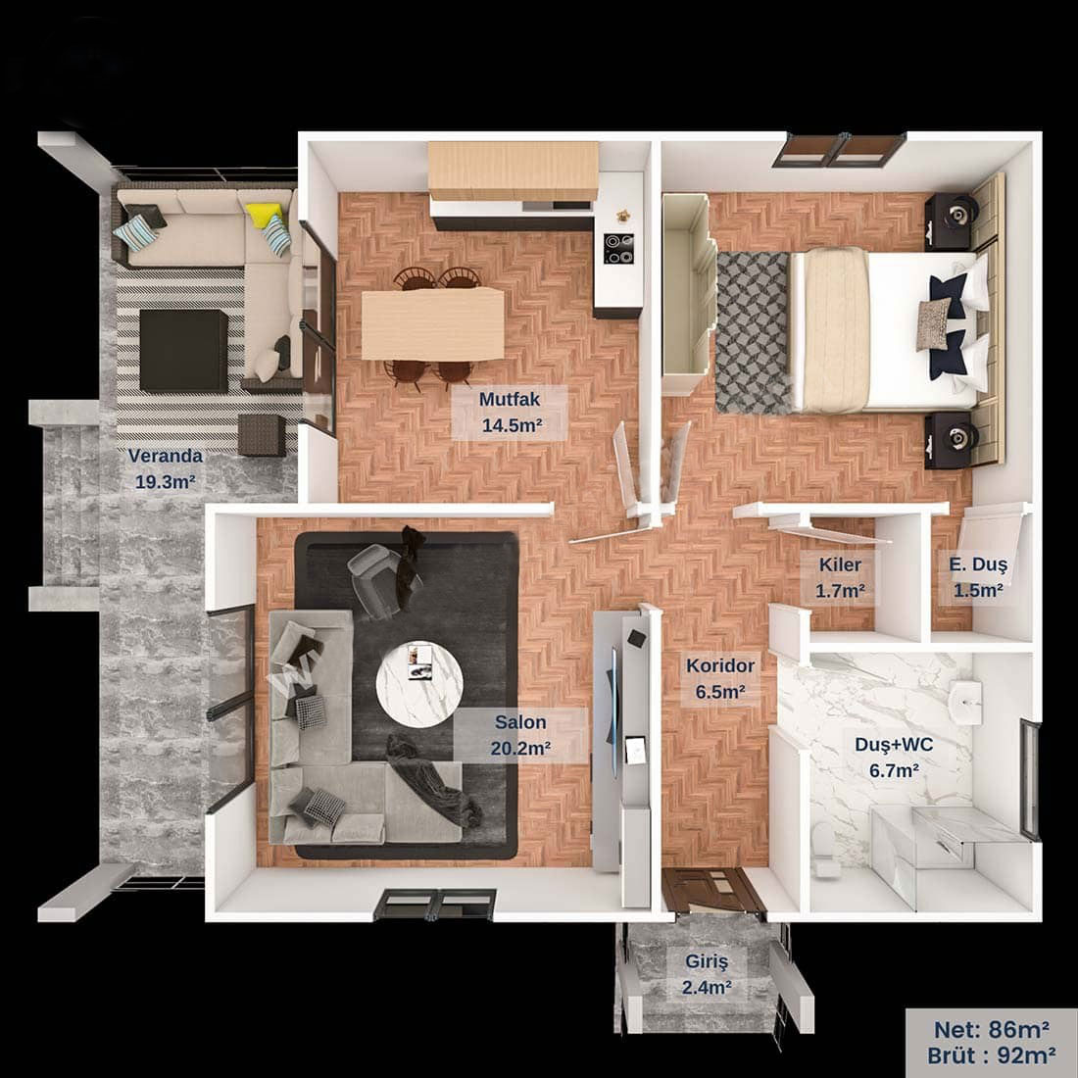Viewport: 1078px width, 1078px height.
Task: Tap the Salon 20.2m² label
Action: pyautogui.click(x=520, y=735)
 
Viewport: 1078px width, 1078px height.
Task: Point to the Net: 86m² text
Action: pyautogui.click(x=992, y=1029)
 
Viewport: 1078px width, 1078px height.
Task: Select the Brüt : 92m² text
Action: pyautogui.click(x=992, y=1055)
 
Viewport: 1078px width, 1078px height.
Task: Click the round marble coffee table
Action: pyautogui.click(x=419, y=685)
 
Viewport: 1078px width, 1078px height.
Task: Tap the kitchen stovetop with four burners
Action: pyautogui.click(x=618, y=249)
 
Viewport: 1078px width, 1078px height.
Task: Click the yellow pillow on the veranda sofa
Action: pyautogui.click(x=264, y=215)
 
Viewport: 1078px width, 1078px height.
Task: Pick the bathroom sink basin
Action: pyautogui.click(x=965, y=702)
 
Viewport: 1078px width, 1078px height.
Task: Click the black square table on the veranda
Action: pyautogui.click(x=183, y=351)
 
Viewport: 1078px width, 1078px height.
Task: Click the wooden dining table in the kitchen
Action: pyautogui.click(x=433, y=323)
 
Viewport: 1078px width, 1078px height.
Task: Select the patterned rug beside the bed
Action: pyautogui.click(x=754, y=333)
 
